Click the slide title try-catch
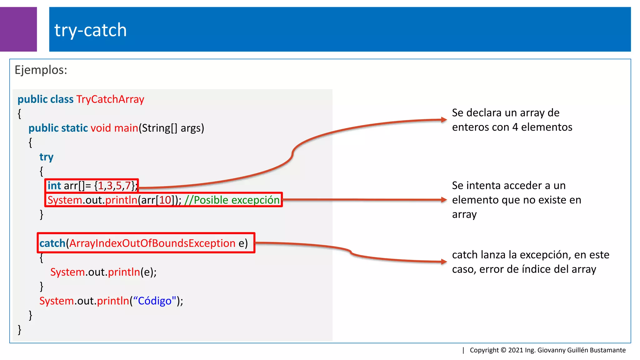(91, 30)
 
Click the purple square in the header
(18, 29)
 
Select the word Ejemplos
(41, 70)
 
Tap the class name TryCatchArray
(110, 99)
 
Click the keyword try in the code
(46, 157)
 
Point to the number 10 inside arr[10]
(165, 200)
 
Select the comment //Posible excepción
(232, 200)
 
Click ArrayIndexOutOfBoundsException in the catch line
(152, 243)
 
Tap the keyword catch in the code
(52, 243)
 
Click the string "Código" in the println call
(154, 301)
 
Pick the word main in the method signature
(126, 128)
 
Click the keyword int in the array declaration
(54, 186)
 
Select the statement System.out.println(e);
(103, 272)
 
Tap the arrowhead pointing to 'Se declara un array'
(444, 119)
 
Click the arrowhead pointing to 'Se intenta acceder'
(444, 200)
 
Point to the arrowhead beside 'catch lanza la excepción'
(444, 262)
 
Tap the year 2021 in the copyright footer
(516, 350)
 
